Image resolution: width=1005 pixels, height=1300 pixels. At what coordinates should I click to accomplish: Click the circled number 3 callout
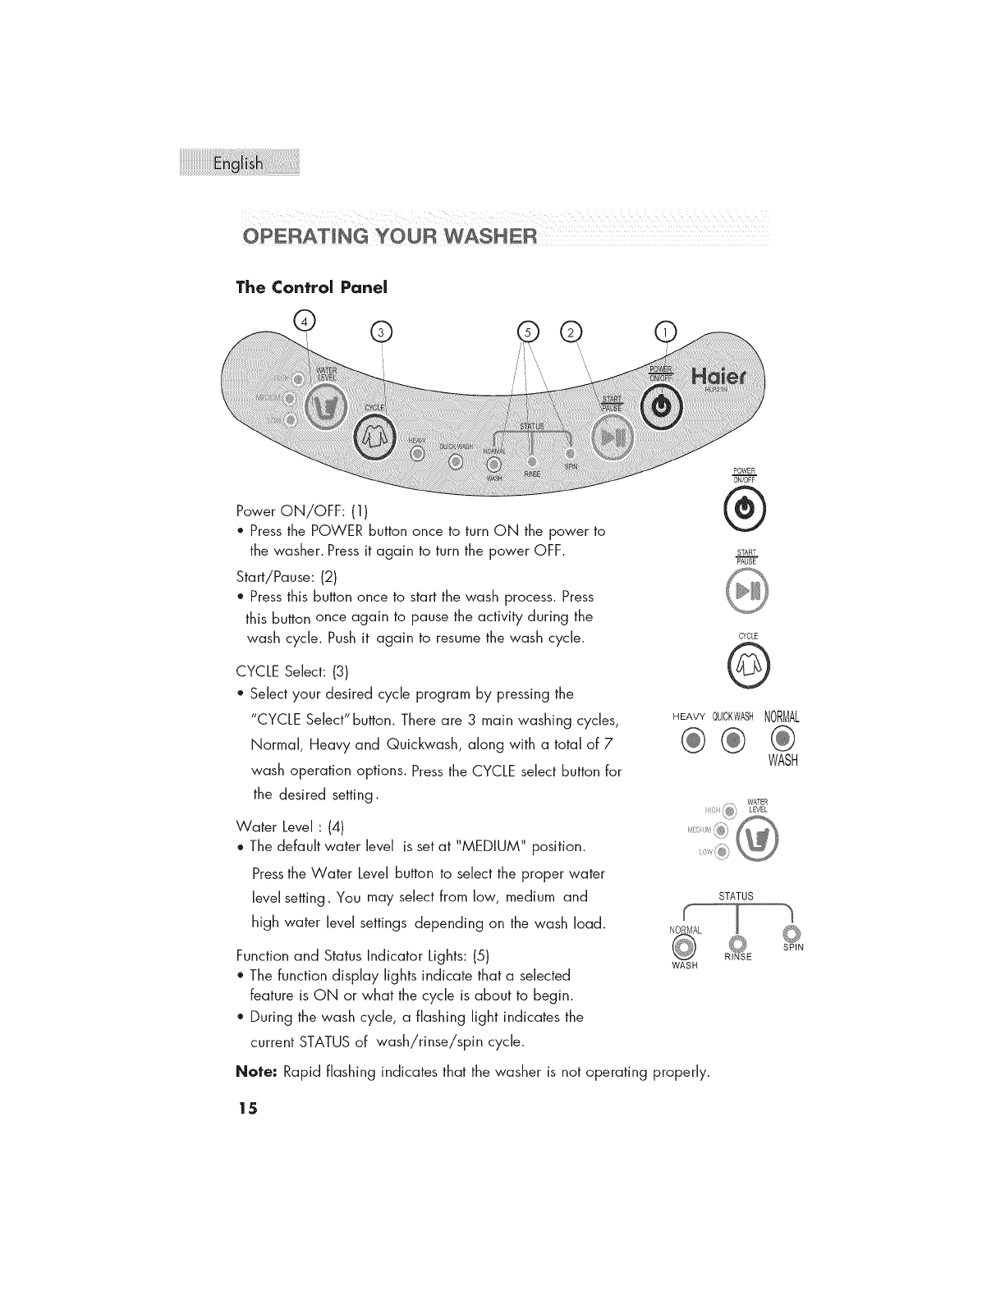(382, 332)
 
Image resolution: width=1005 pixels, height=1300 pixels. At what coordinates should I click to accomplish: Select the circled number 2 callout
(569, 331)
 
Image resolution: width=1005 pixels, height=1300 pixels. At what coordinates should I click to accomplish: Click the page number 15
(246, 1109)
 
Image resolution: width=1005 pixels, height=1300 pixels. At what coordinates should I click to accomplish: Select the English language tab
(238, 163)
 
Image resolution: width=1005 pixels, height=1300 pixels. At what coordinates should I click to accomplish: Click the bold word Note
(255, 1072)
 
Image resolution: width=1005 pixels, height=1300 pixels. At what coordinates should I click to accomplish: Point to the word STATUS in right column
(736, 895)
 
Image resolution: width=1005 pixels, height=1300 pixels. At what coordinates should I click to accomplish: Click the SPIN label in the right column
(792, 948)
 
